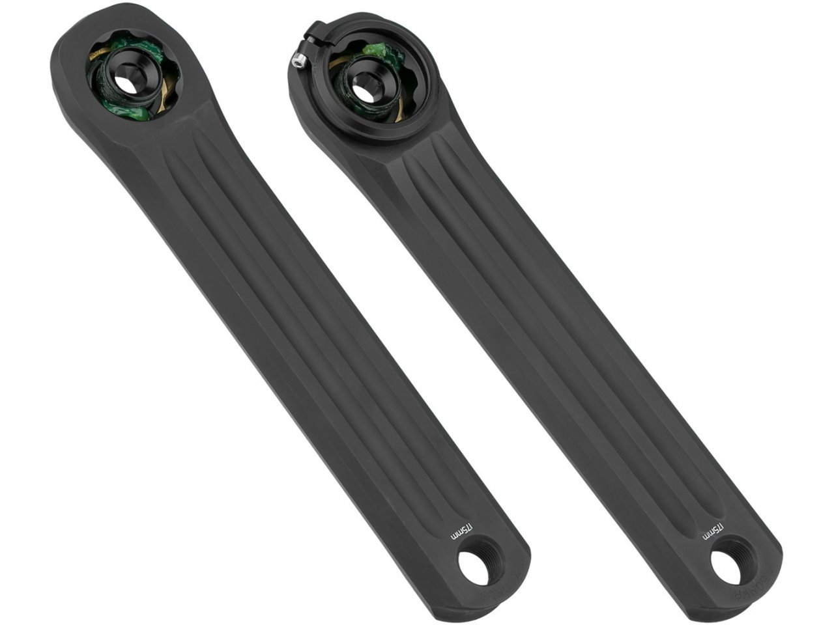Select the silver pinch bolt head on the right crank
pos(297,61)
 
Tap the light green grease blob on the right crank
pos(376,49)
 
